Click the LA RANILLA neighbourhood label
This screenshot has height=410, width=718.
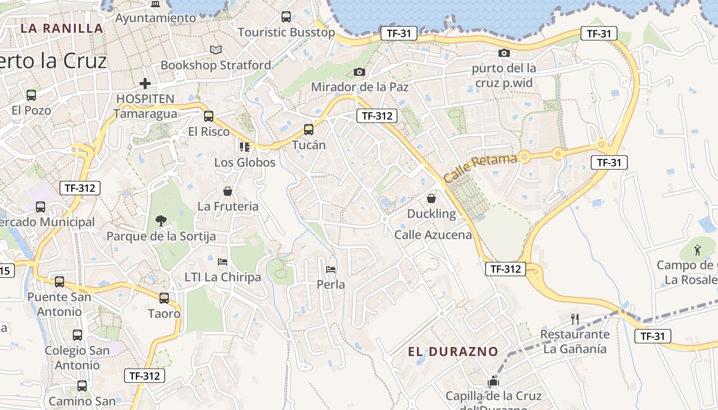tap(62, 28)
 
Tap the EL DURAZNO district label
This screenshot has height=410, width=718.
tap(453, 352)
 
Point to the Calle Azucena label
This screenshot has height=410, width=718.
tap(433, 235)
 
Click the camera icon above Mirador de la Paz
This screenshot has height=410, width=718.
tap(359, 72)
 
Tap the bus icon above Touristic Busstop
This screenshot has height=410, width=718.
tap(286, 17)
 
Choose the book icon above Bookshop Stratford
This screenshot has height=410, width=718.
tap(216, 50)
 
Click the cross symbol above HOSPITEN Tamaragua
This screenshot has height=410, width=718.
tap(145, 83)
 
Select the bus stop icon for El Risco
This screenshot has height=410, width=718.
tap(208, 116)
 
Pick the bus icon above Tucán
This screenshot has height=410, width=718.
tap(308, 130)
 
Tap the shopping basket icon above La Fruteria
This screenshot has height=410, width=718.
tap(228, 191)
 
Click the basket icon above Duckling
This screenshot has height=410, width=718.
tap(431, 198)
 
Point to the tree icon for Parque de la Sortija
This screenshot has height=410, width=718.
tap(161, 221)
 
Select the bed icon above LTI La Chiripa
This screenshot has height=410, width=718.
tap(223, 262)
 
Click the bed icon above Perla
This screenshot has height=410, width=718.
tap(331, 269)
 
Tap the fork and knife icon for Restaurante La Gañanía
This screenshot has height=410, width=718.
tap(575, 319)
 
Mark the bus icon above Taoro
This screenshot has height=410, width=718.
tap(164, 298)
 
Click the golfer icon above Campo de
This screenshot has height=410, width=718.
tap(697, 251)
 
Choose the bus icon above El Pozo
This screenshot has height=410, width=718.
tap(31, 95)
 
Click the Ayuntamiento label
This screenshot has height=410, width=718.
tap(155, 18)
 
